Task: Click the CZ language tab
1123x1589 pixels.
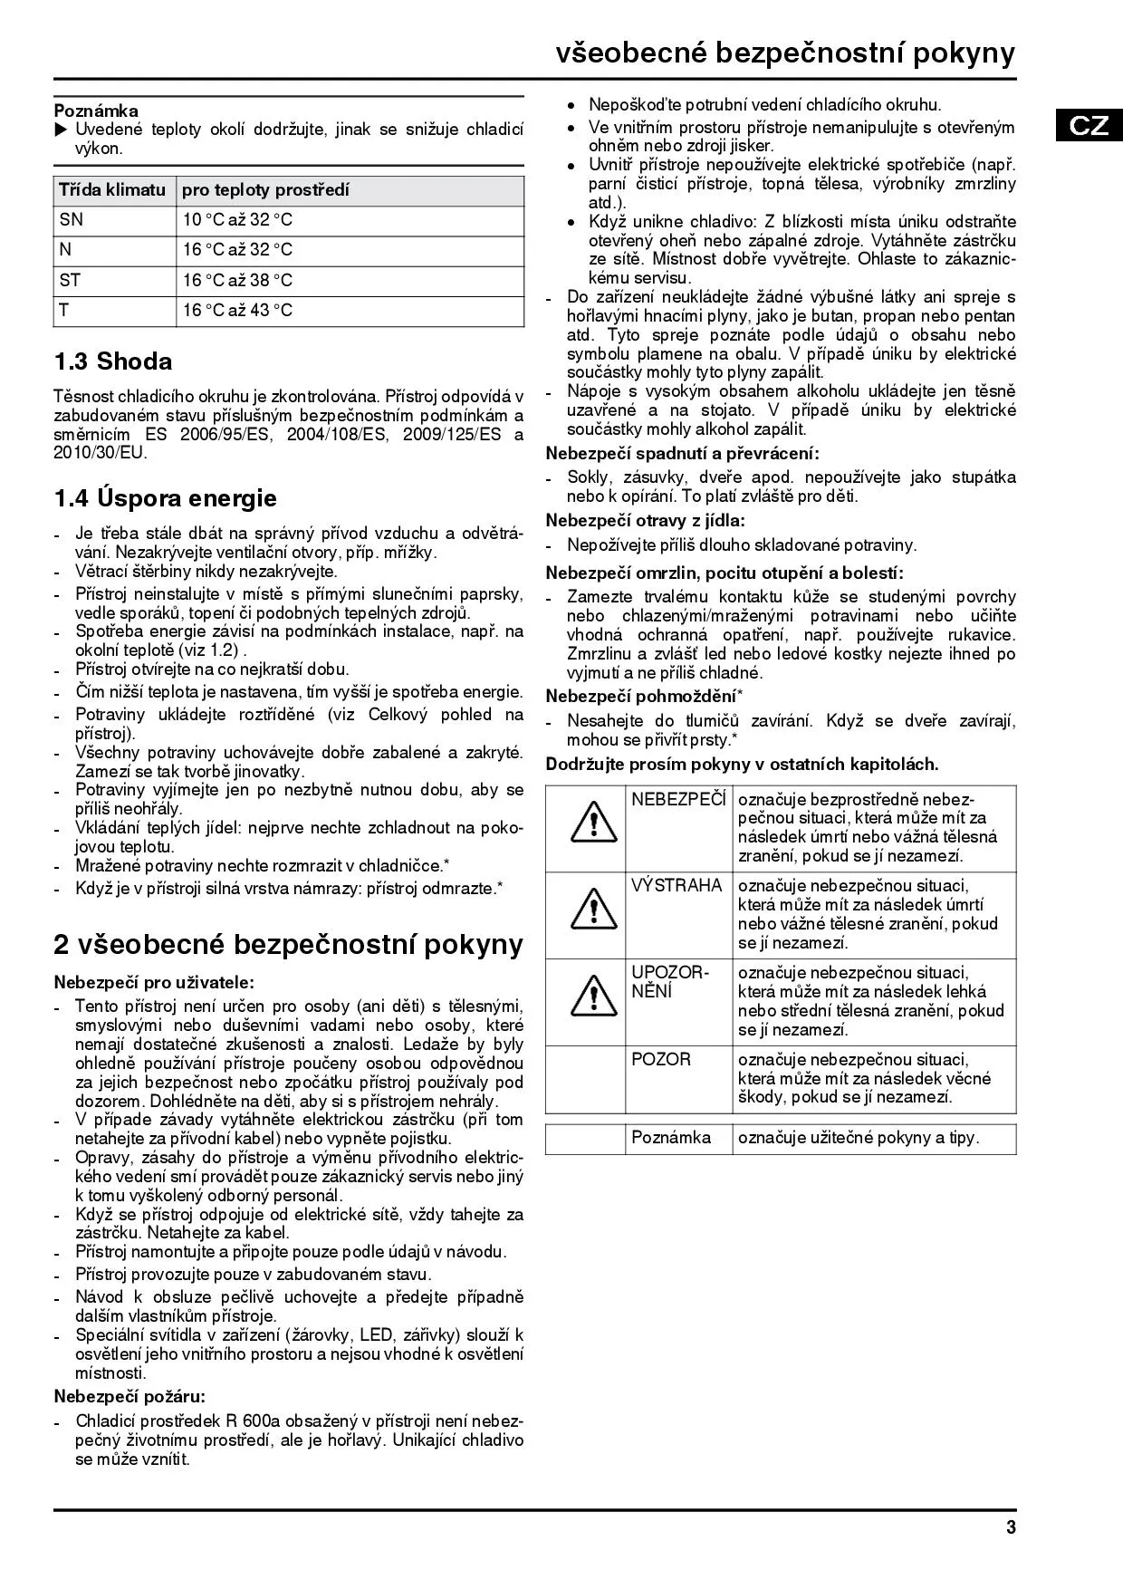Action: pyautogui.click(x=1089, y=125)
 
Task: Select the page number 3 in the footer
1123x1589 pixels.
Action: pyautogui.click(x=1011, y=1527)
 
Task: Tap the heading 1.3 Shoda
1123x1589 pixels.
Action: pyautogui.click(x=113, y=361)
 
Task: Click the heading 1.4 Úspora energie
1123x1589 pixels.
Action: pyautogui.click(x=166, y=498)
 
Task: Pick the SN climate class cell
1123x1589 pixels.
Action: pyautogui.click(x=71, y=220)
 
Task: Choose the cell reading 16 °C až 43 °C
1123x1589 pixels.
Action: pyautogui.click(x=237, y=311)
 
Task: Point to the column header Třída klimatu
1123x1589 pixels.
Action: pyautogui.click(x=112, y=190)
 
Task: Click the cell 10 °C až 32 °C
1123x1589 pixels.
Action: pyautogui.click(x=237, y=220)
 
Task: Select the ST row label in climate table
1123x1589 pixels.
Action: pyautogui.click(x=71, y=281)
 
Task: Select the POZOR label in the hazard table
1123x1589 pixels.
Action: pyautogui.click(x=661, y=1059)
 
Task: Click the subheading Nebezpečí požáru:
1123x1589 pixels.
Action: pyautogui.click(x=130, y=1396)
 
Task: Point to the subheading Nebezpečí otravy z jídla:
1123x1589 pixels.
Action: pyautogui.click(x=646, y=520)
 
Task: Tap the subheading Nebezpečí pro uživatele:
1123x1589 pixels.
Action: pyautogui.click(x=154, y=982)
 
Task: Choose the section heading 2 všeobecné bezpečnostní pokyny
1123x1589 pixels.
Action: pyautogui.click(x=288, y=944)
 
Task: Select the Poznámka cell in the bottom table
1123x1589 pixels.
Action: pyautogui.click(x=671, y=1138)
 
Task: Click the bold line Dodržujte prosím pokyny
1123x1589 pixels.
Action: pyautogui.click(x=742, y=764)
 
